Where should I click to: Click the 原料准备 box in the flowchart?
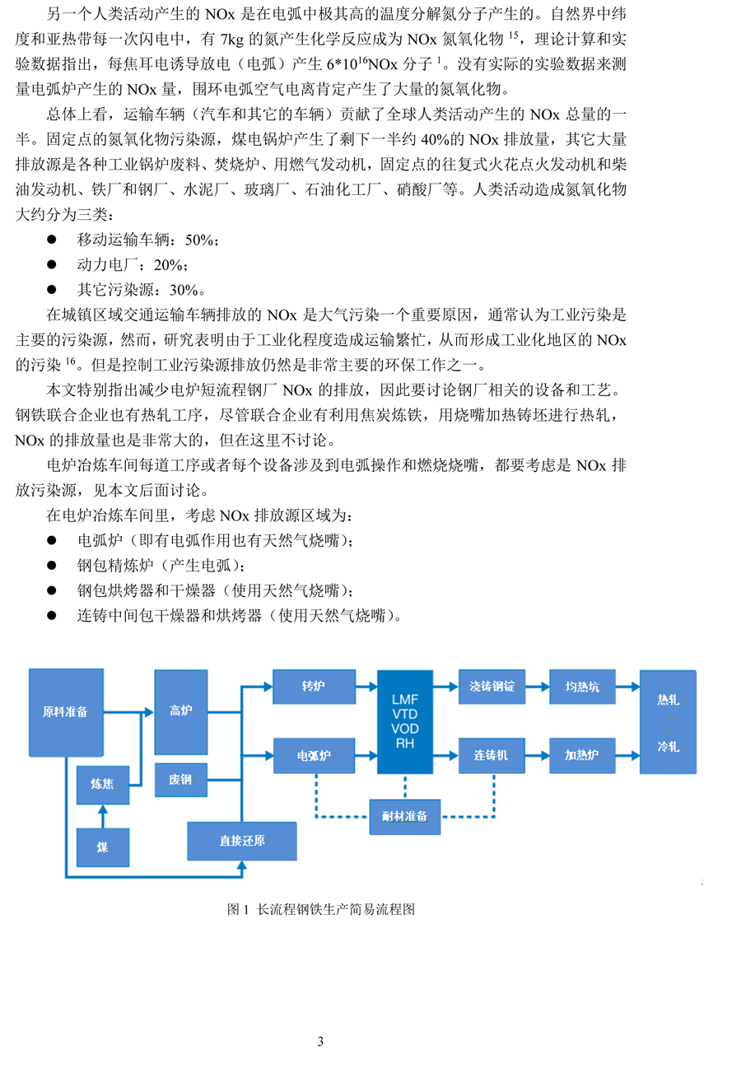point(66,712)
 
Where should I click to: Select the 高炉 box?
point(180,711)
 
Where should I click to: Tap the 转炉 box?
point(314,687)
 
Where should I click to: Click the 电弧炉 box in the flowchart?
point(314,756)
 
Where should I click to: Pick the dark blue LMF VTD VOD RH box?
point(405,722)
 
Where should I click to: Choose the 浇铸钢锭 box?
point(492,687)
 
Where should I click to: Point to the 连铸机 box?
point(492,756)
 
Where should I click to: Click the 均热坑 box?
point(582,687)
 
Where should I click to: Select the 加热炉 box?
point(582,756)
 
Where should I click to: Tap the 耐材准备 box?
point(405,817)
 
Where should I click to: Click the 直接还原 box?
point(242,841)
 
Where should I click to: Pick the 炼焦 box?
point(103,785)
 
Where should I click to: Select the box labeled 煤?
point(103,847)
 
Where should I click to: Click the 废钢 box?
point(180,780)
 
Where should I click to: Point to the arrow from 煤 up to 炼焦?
point(103,816)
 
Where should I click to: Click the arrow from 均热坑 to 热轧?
point(627,687)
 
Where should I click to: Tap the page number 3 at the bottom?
point(320,1042)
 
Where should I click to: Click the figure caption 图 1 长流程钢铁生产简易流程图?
point(320,909)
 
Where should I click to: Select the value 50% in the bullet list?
point(199,240)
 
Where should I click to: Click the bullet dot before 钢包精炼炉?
point(52,566)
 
